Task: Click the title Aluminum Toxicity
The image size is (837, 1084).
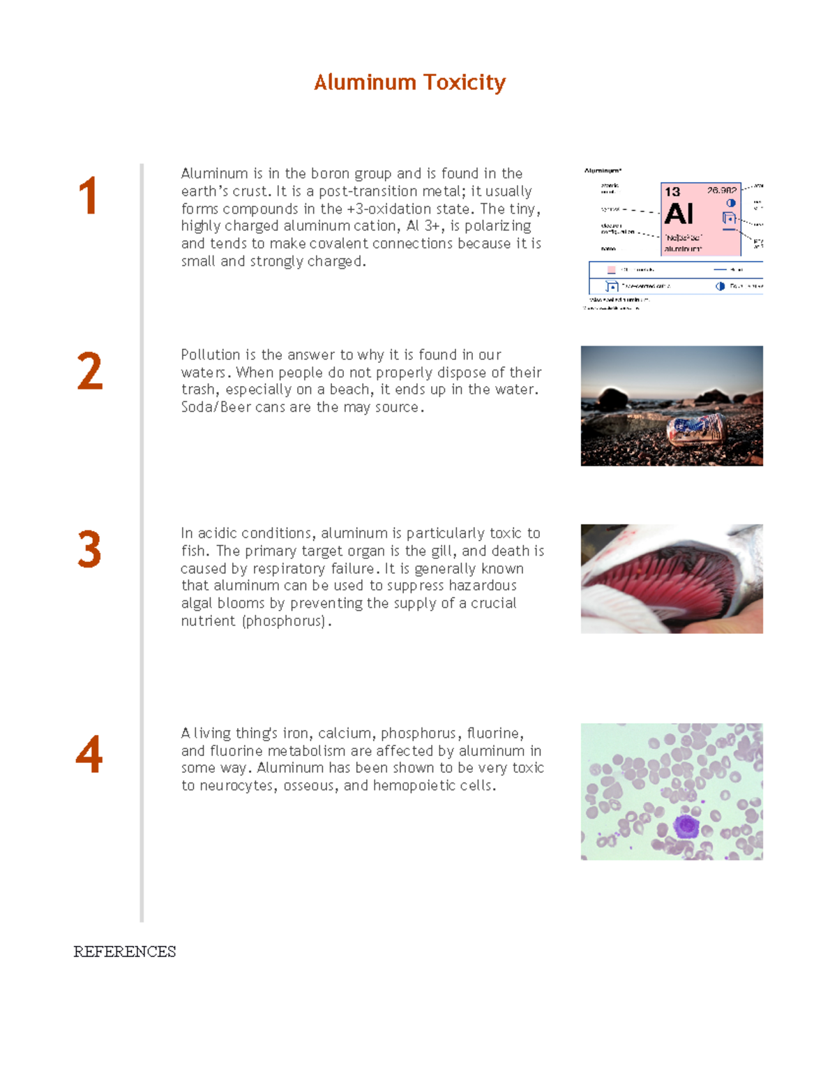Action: pyautogui.click(x=409, y=82)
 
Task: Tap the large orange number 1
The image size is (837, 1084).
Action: pyautogui.click(x=88, y=196)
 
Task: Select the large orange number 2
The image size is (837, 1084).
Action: pyautogui.click(x=89, y=371)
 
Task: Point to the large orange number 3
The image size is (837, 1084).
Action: pyautogui.click(x=89, y=550)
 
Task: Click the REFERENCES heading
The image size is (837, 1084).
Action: pyautogui.click(x=125, y=952)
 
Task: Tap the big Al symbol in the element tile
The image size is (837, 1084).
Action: pyautogui.click(x=679, y=214)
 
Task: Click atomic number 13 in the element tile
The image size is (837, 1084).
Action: pyautogui.click(x=672, y=191)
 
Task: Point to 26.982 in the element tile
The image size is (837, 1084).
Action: pyautogui.click(x=721, y=190)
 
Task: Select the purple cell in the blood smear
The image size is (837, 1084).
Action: pyautogui.click(x=686, y=826)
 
